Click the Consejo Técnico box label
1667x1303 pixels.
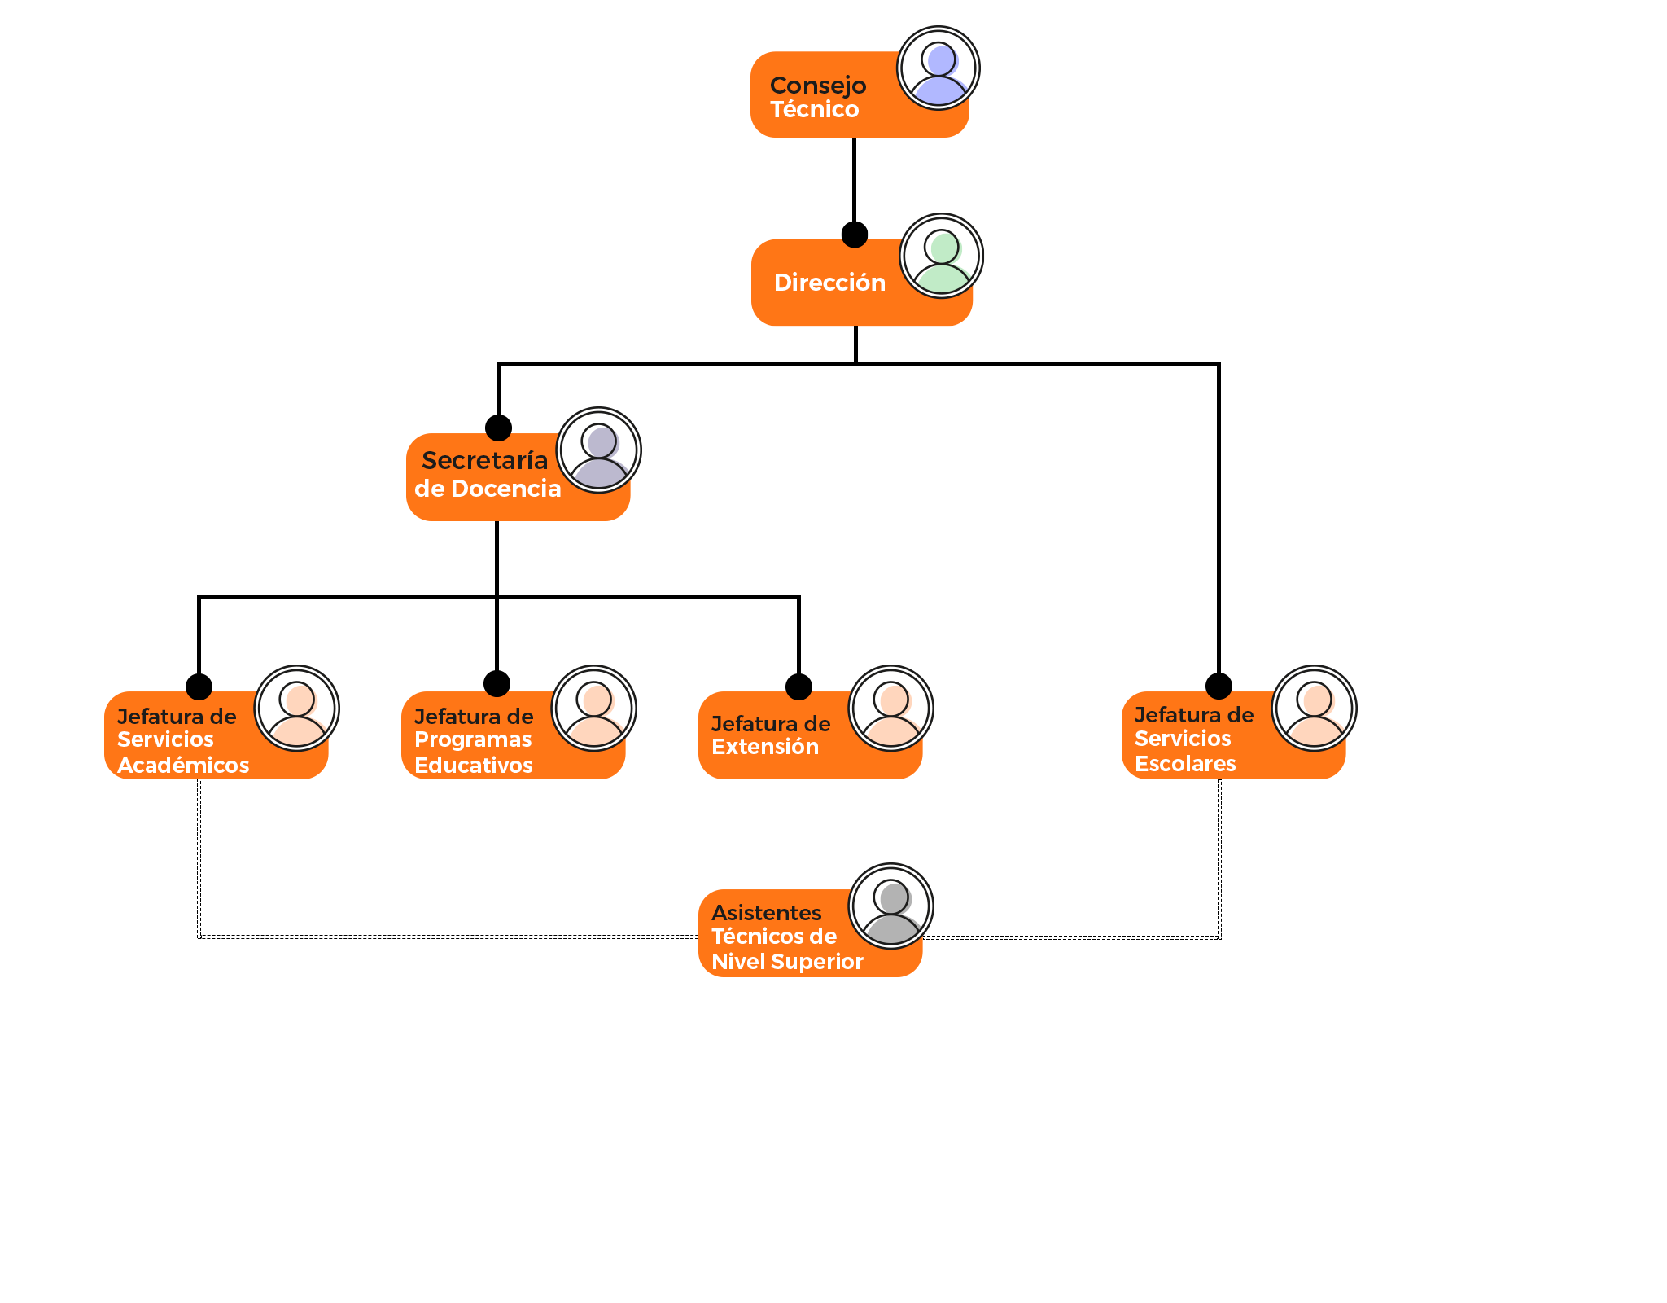(818, 97)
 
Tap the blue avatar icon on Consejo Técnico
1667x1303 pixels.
(939, 68)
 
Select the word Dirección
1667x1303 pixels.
(829, 283)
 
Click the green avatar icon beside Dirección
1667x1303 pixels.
(942, 256)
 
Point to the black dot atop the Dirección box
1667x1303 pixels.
(854, 235)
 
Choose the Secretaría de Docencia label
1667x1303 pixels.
(487, 474)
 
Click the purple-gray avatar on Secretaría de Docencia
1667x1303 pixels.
(599, 450)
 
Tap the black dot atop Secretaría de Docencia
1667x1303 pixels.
(498, 428)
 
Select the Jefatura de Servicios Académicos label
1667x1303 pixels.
(183, 740)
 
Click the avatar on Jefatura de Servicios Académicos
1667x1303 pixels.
(297, 708)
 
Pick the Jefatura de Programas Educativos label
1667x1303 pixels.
(474, 740)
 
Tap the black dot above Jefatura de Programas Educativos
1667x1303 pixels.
(497, 683)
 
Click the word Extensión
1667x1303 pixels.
(765, 747)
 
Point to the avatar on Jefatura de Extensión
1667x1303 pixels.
(891, 708)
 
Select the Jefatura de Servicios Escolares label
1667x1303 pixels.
(1194, 739)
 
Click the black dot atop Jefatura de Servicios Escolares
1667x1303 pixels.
(1219, 686)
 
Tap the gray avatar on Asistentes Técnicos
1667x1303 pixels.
(891, 906)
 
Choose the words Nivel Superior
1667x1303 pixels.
(787, 962)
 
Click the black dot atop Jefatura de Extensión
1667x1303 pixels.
(798, 687)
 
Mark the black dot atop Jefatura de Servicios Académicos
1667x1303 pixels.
(199, 687)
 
